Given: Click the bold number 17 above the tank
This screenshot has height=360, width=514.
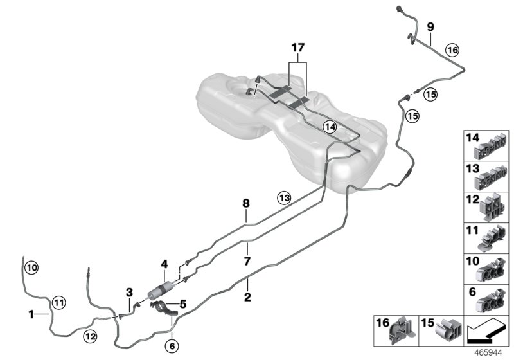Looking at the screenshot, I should (x=297, y=48).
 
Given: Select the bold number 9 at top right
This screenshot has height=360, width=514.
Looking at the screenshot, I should (x=430, y=26).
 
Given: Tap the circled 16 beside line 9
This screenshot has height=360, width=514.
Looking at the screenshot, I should (x=452, y=50).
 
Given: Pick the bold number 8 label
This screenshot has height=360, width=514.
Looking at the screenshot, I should (x=245, y=204).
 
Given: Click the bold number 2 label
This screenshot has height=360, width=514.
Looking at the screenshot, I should (x=247, y=298).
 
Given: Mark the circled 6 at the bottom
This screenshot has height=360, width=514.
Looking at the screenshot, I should (x=172, y=345).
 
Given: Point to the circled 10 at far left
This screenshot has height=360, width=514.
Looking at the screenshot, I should (x=32, y=266).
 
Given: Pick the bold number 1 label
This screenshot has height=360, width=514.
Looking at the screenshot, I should (x=31, y=314).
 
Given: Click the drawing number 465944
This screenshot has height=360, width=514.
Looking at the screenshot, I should (x=490, y=353).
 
